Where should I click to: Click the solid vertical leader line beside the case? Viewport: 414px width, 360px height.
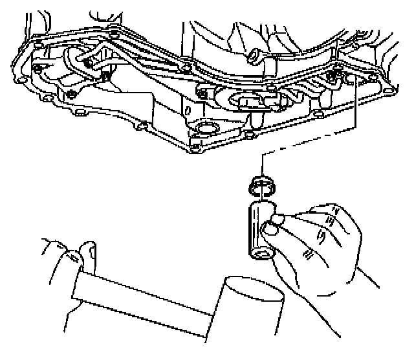355,117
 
